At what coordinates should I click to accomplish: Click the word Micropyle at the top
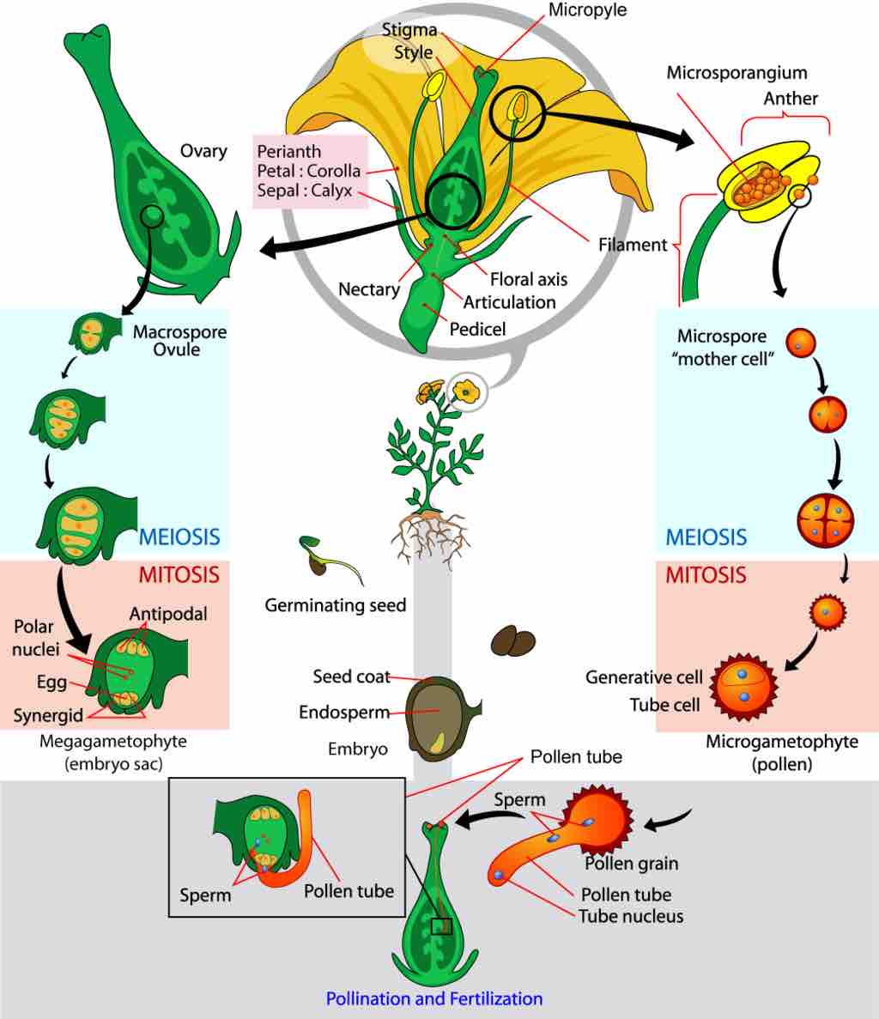pos(588,11)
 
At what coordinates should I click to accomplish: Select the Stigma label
pos(409,31)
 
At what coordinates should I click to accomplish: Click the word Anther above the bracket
pos(791,99)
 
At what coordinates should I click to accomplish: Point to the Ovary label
pos(203,151)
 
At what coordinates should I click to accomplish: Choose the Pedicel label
pos(477,329)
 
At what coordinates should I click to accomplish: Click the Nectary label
pos(369,289)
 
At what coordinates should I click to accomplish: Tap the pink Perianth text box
pos(310,171)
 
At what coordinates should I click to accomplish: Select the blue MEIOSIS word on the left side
pos(179,537)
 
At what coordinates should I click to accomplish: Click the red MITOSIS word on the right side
pos(706,574)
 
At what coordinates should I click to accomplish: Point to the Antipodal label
pos(168,615)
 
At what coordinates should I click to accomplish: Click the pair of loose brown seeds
pos(513,640)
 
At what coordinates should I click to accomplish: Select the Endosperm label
pos(344,713)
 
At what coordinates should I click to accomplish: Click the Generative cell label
pos(644,677)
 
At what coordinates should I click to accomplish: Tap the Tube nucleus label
pos(631,916)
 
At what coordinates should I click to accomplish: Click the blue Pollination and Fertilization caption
pos(434,999)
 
